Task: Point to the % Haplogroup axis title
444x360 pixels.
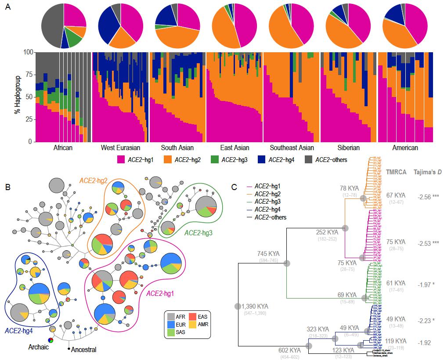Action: tap(17, 97)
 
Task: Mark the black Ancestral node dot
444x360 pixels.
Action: tap(69, 349)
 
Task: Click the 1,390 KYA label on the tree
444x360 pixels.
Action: tap(257, 306)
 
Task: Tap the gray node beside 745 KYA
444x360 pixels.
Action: tap(287, 263)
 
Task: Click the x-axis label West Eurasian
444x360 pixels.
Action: tap(120, 148)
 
